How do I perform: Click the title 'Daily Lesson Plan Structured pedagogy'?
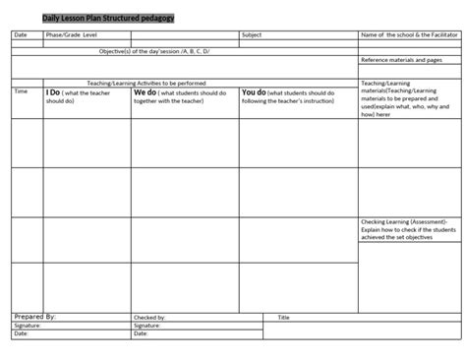point(109,19)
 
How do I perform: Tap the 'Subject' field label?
point(253,35)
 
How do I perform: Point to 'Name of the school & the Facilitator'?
point(408,35)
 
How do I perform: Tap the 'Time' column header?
point(21,91)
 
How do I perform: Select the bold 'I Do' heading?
point(53,92)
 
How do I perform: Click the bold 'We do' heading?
point(145,92)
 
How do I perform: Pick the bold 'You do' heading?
point(254,92)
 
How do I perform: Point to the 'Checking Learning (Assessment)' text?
point(403,222)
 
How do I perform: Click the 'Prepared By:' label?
point(35,317)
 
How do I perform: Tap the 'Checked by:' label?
point(149,318)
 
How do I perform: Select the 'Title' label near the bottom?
point(283,318)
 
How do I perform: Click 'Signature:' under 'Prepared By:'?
point(28,326)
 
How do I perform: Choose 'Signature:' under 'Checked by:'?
point(147,326)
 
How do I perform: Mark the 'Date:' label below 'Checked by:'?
point(141,333)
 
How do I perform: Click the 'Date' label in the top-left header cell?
point(22,35)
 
